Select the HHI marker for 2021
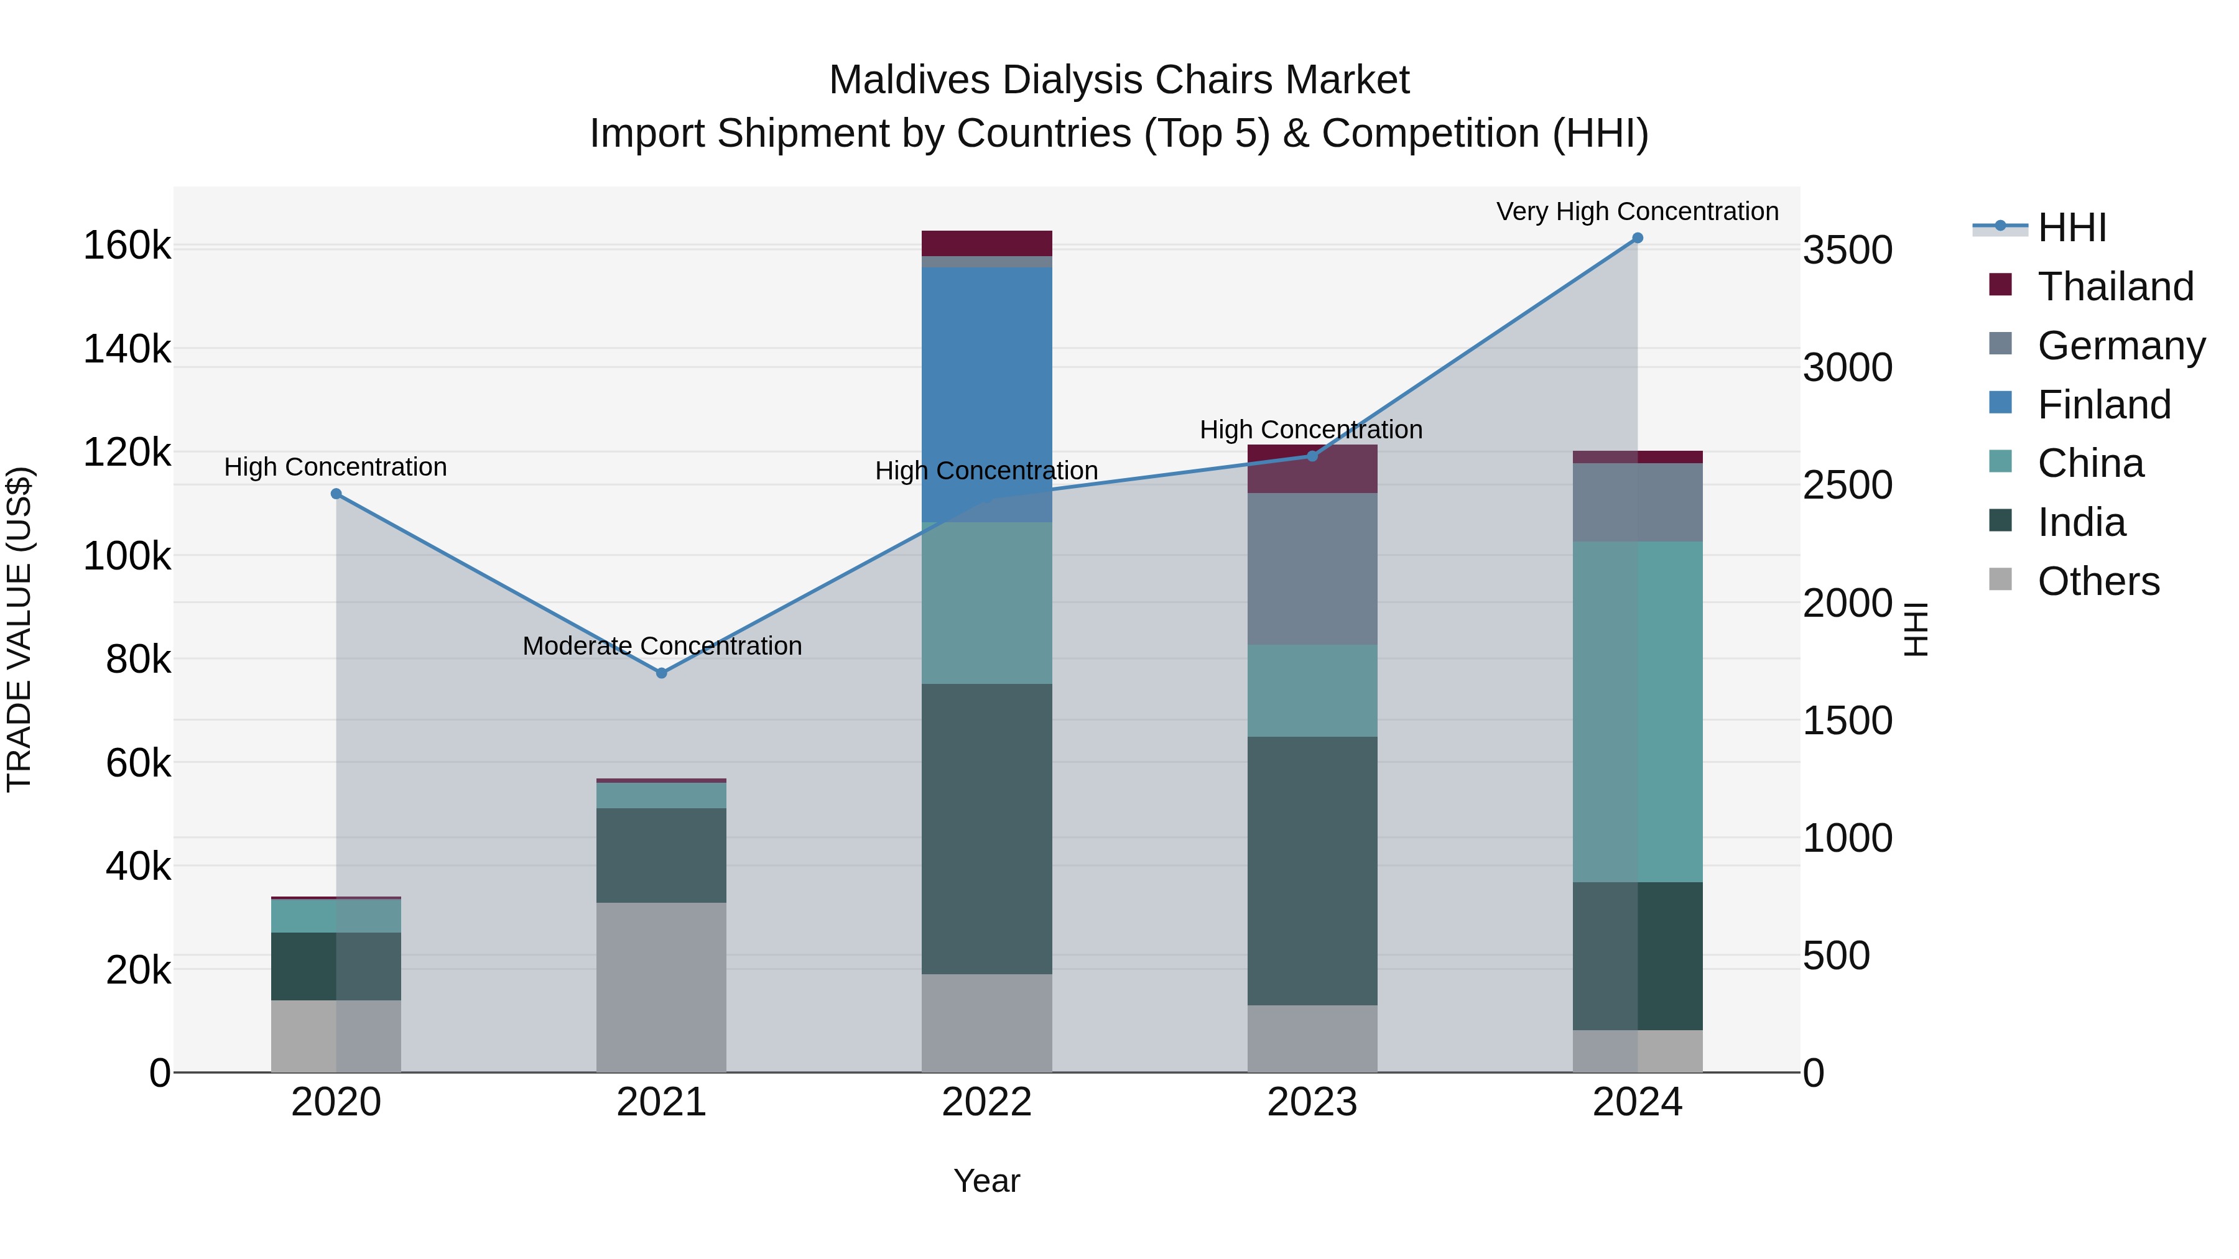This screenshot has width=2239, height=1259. coord(662,673)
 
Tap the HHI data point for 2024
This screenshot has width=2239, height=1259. coord(1638,238)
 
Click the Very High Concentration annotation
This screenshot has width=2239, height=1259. coord(1637,212)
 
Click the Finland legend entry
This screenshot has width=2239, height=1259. coord(2103,405)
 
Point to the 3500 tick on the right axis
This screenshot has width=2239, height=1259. coord(1847,250)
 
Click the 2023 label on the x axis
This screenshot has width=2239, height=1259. coord(1312,1102)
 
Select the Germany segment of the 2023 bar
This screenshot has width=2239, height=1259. coord(1312,569)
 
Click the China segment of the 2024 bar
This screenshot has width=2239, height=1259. coord(1638,713)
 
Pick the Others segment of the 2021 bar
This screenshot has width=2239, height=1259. coord(662,987)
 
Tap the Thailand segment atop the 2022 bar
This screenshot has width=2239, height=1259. coord(986,243)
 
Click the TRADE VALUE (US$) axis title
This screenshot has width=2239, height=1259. coord(20,630)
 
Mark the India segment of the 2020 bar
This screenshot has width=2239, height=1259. coord(336,966)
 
